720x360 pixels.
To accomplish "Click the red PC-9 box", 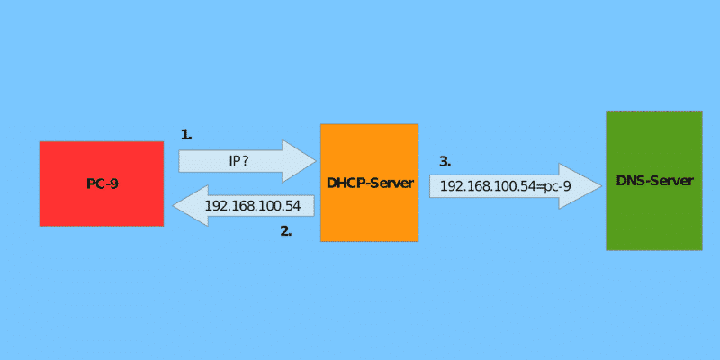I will pyautogui.click(x=101, y=184).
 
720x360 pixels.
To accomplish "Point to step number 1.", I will pyautogui.click(x=186, y=135).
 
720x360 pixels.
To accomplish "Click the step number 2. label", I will pyautogui.click(x=286, y=231).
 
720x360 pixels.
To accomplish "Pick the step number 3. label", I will pyautogui.click(x=445, y=162).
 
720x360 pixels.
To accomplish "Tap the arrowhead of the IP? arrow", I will pyautogui.click(x=301, y=161).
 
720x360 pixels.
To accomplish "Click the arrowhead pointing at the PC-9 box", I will pyautogui.click(x=187, y=206).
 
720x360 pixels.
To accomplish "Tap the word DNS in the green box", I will pyautogui.click(x=630, y=181).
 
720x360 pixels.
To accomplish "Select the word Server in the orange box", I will pyautogui.click(x=391, y=184).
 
